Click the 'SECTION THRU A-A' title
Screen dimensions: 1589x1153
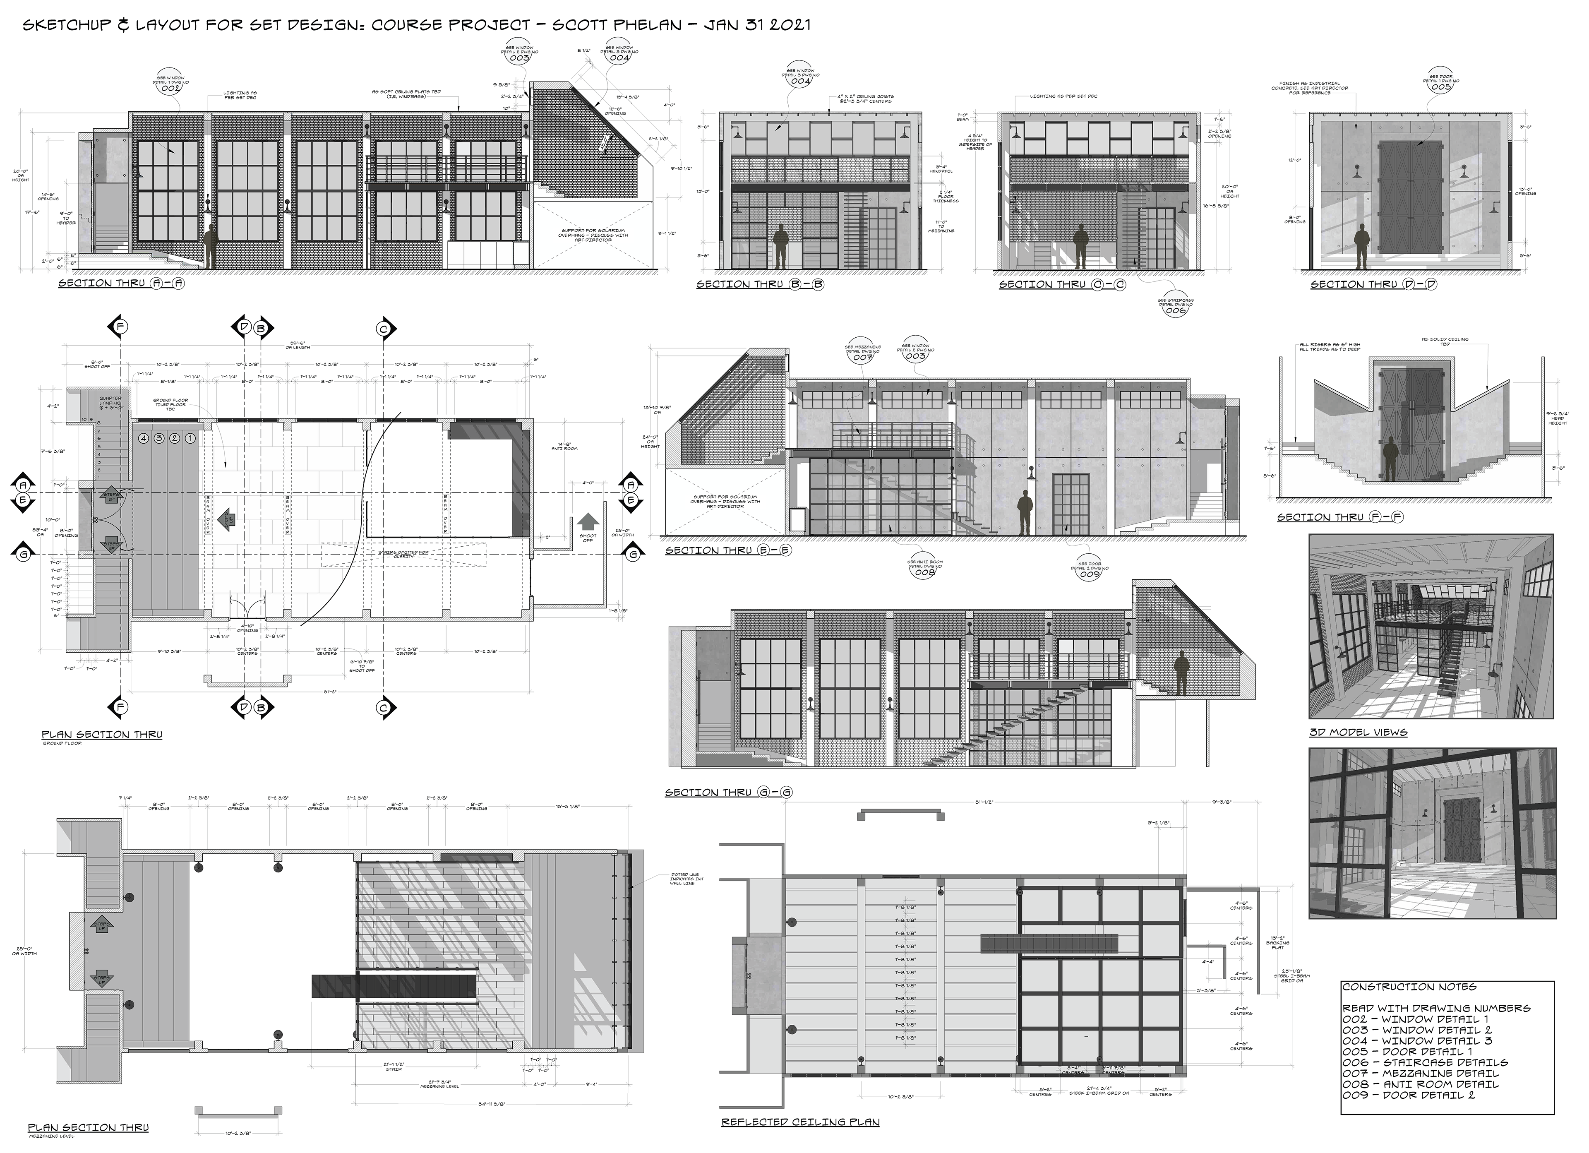pyautogui.click(x=120, y=283)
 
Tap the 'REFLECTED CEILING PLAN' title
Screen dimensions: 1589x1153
pyautogui.click(x=800, y=1122)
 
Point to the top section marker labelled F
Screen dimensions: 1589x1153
pyautogui.click(x=120, y=328)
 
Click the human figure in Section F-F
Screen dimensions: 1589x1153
pyautogui.click(x=1388, y=459)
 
